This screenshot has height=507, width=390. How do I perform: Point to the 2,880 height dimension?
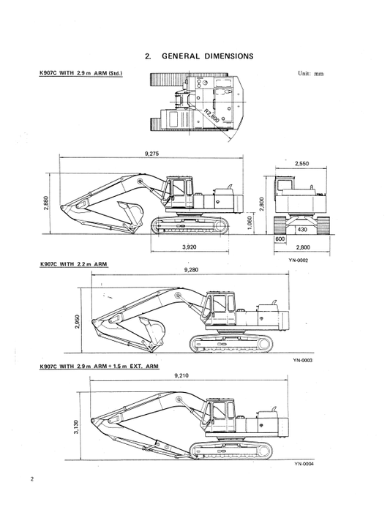pyautogui.click(x=46, y=203)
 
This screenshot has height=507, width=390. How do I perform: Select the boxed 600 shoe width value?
pyautogui.click(x=280, y=239)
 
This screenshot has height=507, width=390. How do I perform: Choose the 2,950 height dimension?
pyautogui.click(x=78, y=320)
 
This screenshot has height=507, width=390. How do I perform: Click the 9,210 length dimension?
pyautogui.click(x=181, y=375)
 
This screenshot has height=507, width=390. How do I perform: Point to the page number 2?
pyautogui.click(x=32, y=480)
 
